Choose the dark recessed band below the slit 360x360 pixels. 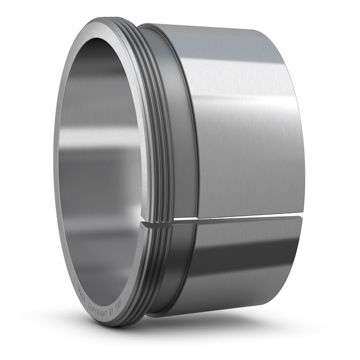[180, 264]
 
